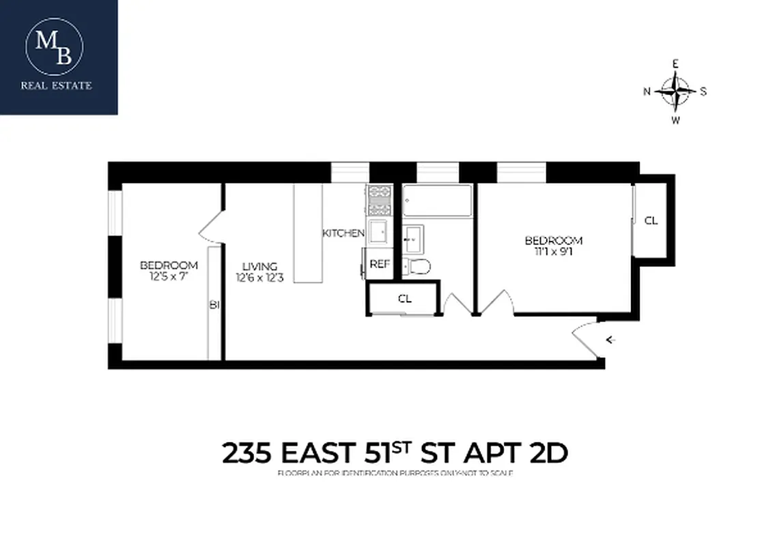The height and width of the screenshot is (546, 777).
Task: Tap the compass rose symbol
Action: coord(676,91)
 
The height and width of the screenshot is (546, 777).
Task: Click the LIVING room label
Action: coord(260,266)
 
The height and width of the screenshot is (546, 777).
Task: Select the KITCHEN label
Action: coord(343,233)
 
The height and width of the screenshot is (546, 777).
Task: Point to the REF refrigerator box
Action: coord(379,263)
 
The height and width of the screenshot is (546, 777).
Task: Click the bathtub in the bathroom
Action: coord(437,201)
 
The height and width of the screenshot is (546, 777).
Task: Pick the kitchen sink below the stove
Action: coord(379,231)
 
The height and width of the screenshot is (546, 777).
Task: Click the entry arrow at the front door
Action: coord(610,339)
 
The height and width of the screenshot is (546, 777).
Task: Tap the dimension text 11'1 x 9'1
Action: coord(553,251)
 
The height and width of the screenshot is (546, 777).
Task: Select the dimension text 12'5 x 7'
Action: coord(169,276)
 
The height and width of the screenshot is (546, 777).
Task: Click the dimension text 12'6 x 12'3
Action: coord(260,278)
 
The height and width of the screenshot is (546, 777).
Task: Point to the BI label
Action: coord(214,305)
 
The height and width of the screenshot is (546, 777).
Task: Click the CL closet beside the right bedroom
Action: coord(651,220)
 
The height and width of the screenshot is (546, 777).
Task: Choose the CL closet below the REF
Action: coord(405,298)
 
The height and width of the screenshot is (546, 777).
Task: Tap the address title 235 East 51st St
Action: coord(395,452)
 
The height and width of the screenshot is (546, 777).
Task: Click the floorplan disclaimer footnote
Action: coord(395,473)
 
